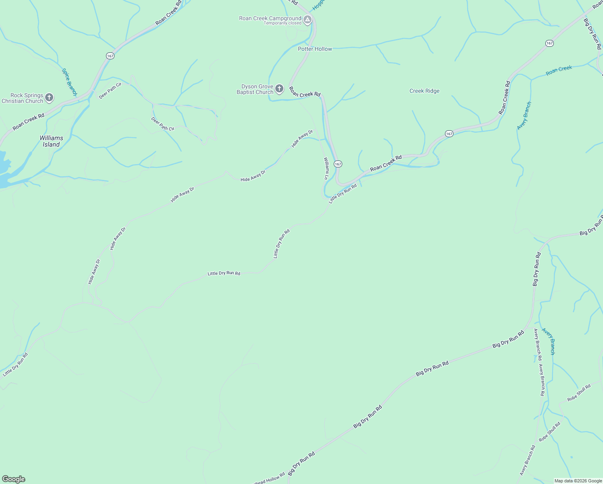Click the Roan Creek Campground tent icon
308,19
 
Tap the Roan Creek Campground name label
270,18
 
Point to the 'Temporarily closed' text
283,23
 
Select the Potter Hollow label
315,49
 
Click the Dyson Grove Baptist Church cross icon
279,88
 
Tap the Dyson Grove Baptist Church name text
255,89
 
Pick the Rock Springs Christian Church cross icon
49,97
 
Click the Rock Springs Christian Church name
22,98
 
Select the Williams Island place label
51,141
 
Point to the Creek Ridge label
424,91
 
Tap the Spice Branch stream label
69,82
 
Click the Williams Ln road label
326,168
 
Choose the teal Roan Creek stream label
559,71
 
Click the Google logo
13,479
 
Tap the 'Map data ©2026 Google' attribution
578,481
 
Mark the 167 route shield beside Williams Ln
338,164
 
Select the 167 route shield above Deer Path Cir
110,56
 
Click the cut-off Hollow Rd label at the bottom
269,479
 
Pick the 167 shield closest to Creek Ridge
449,134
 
